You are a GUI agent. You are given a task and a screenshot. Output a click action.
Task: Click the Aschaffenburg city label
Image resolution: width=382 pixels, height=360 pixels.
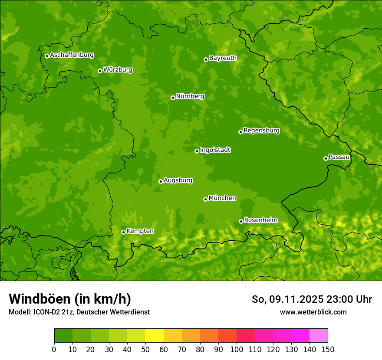(72, 55)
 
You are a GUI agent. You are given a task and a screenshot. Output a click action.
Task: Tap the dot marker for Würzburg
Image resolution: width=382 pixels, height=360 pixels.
(100, 71)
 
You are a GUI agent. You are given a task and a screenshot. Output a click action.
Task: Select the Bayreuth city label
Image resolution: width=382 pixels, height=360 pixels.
(223, 58)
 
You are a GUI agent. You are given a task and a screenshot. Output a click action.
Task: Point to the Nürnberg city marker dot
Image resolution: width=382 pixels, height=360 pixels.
(173, 98)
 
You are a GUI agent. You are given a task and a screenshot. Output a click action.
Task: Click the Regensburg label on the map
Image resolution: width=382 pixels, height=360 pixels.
(261, 131)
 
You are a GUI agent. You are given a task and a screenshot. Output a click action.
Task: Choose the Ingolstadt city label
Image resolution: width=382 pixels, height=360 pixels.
(215, 150)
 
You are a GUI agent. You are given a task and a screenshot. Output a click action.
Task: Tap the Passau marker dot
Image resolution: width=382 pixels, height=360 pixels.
(326, 158)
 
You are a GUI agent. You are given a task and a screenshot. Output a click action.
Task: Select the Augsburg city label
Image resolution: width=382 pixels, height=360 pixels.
(178, 180)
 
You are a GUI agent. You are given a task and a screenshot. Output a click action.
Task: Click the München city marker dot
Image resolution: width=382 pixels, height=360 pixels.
(205, 199)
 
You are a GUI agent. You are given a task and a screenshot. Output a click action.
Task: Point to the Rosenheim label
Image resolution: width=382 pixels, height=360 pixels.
(260, 220)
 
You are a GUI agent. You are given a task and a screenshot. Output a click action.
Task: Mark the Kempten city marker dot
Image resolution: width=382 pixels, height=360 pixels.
(123, 232)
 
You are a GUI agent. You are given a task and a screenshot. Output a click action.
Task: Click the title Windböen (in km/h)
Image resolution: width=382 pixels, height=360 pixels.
(70, 299)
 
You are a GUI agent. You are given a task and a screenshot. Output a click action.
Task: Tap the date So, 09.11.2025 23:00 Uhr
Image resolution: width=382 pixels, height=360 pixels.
(312, 299)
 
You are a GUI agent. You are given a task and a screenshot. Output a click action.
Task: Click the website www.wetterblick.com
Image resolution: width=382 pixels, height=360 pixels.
(313, 312)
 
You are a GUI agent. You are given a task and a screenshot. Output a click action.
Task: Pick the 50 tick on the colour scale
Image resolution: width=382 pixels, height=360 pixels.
(145, 349)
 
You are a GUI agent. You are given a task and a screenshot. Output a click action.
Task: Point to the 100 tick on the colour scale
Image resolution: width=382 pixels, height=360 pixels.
(237, 349)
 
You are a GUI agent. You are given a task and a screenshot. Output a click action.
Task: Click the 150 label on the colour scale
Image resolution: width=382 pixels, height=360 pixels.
(328, 349)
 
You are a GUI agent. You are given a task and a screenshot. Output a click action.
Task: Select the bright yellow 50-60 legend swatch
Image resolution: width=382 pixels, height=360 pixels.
(155, 336)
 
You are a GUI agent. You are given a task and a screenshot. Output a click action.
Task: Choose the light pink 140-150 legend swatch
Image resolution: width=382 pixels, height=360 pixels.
(319, 336)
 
